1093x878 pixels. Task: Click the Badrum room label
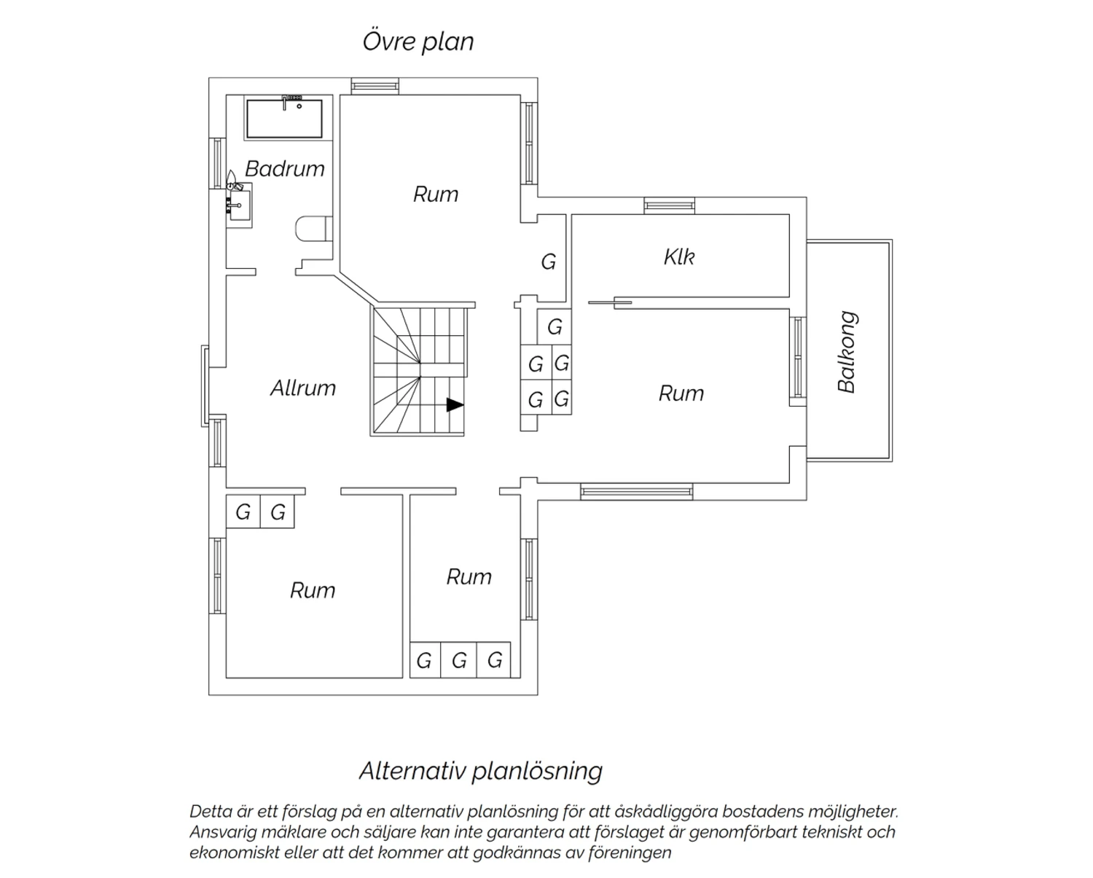click(285, 168)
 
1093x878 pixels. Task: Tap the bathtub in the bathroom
click(284, 119)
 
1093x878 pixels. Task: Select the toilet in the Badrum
click(313, 229)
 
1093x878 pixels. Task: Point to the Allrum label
click(303, 388)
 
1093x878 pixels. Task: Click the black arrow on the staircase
click(455, 404)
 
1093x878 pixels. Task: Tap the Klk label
click(679, 257)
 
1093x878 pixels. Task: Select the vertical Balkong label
click(847, 352)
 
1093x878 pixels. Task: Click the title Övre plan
click(418, 42)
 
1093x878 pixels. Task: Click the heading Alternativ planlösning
click(480, 771)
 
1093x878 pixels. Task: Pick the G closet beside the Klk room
click(549, 262)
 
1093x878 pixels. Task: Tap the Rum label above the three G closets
click(469, 577)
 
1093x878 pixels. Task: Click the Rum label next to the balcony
click(681, 393)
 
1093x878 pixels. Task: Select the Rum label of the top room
click(436, 195)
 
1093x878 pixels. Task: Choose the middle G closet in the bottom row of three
click(458, 659)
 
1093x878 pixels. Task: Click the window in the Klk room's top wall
click(670, 205)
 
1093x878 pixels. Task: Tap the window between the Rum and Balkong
click(798, 358)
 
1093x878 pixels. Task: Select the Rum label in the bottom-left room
click(313, 591)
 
